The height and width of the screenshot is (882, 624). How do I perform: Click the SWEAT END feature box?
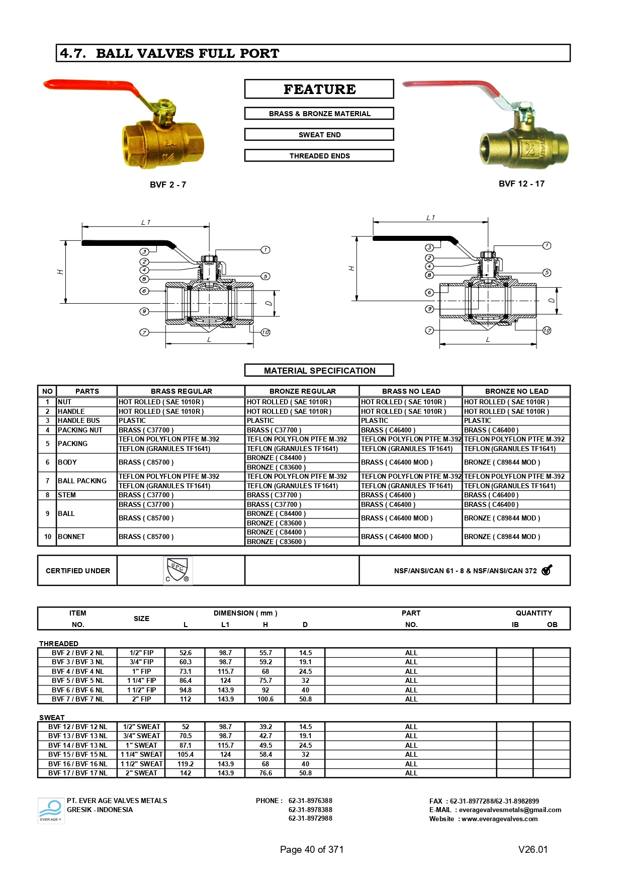tap(319, 135)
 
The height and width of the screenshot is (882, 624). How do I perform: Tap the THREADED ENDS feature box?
tap(319, 156)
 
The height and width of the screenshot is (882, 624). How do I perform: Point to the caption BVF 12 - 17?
tap(521, 184)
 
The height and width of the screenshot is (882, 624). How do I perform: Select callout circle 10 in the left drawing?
tap(265, 332)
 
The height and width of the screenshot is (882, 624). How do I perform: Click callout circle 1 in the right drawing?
tap(547, 245)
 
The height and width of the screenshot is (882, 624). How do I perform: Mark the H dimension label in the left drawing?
tap(60, 272)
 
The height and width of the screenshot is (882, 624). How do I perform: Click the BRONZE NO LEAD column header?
tap(516, 391)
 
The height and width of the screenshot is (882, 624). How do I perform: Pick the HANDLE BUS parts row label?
tap(79, 420)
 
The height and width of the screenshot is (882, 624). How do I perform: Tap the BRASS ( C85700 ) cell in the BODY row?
tap(146, 462)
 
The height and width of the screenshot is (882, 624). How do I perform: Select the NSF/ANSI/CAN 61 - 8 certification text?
tap(465, 571)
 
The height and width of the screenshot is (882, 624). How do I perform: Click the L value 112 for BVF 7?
tap(186, 699)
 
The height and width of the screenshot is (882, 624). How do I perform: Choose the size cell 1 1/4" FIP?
tap(141, 680)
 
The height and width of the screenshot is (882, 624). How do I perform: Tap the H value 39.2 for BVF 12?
tap(265, 727)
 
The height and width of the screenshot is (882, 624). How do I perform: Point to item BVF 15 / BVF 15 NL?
tap(78, 754)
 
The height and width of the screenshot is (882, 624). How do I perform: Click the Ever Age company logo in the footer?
tap(51, 810)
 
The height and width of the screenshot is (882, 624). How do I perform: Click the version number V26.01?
tap(533, 849)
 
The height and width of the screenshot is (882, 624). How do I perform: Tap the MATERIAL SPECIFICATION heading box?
tap(319, 371)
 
